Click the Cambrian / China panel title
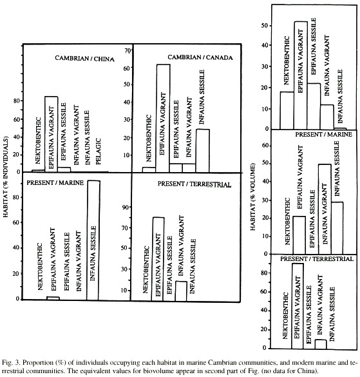click(84, 59)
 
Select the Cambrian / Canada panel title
click(200, 57)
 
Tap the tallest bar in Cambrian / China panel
click(51, 134)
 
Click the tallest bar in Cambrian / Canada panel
click(163, 118)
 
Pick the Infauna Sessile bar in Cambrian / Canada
click(203, 151)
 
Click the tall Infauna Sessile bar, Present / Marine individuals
click(93, 240)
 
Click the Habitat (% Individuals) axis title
click(6, 177)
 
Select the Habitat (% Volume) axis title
click(252, 197)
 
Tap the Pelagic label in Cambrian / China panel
click(99, 151)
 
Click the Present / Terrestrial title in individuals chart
click(194, 184)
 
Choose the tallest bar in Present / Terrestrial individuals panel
click(158, 259)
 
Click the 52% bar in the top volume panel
click(301, 75)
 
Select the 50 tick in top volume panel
click(265, 26)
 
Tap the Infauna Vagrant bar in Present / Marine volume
click(325, 209)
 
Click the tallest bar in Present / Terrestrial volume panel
click(298, 306)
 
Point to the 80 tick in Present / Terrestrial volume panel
click(265, 273)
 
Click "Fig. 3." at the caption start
click(10, 363)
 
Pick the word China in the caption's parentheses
click(308, 371)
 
